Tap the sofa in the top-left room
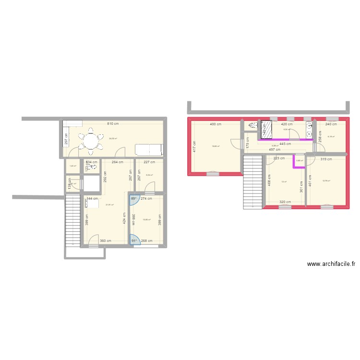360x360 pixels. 149,149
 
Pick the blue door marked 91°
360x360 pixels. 134,240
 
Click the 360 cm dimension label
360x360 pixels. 106,241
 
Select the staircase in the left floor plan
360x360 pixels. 72,218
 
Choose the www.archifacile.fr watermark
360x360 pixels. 331,264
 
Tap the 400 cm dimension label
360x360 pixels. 215,124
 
